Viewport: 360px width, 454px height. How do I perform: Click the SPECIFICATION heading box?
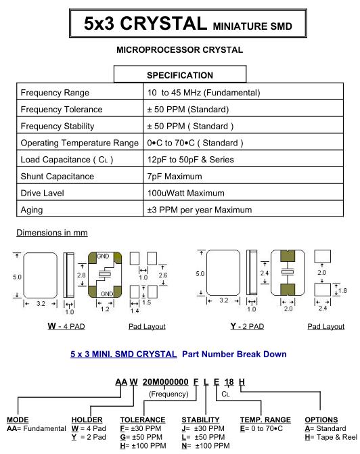tap(180, 74)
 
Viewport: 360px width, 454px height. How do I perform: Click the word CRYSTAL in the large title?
tap(164, 23)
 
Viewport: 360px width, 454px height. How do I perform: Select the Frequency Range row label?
tap(55, 93)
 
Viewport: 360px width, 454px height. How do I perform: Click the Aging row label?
tap(32, 210)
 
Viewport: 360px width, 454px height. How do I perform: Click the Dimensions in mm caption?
tap(52, 233)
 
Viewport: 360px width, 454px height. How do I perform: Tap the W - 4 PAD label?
tap(66, 326)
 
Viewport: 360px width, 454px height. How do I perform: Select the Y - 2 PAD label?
tap(247, 326)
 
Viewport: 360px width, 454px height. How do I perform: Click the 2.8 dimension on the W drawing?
tap(81, 275)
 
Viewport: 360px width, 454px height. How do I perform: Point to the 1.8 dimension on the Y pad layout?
tap(342, 290)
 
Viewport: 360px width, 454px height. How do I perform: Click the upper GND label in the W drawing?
tap(103, 256)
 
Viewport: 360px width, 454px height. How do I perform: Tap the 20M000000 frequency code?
tap(165, 382)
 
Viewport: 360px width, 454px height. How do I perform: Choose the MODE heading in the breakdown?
tap(18, 420)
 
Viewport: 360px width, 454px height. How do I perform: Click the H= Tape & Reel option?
tap(331, 437)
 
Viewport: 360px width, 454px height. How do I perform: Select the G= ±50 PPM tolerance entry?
tap(141, 437)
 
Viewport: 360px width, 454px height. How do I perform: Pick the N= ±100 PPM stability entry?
tap(206, 446)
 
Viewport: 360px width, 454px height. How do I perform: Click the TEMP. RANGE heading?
tap(265, 420)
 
